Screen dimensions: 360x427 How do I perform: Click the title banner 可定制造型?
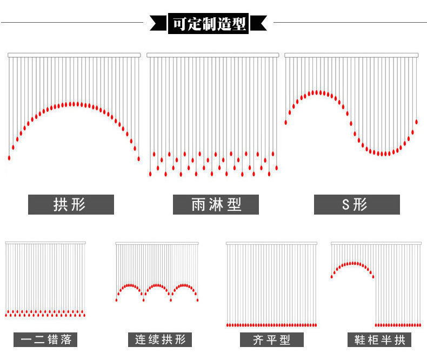click(x=209, y=23)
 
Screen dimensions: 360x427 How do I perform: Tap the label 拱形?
click(x=71, y=205)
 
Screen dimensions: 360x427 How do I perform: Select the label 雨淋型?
click(x=216, y=205)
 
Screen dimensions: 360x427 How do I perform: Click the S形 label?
click(x=357, y=205)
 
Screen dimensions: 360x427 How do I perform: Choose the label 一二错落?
click(x=45, y=340)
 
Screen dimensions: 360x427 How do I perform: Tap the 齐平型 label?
click(x=271, y=340)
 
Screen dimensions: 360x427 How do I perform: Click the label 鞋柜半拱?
click(x=379, y=340)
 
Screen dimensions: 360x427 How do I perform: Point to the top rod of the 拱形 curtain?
click(x=74, y=55)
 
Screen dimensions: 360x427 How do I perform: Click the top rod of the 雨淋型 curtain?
click(x=213, y=55)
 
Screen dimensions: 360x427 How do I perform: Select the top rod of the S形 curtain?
click(x=352, y=55)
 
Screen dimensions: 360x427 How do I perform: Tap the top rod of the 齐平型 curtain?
click(x=271, y=243)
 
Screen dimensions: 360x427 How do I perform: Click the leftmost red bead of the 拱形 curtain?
click(x=9, y=157)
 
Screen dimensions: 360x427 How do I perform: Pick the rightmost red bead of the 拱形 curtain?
click(x=138, y=158)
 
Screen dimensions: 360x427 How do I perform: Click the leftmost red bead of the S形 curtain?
click(x=286, y=122)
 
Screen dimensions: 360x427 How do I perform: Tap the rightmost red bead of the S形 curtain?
click(x=416, y=122)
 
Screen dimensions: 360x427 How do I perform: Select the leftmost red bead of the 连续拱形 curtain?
click(x=117, y=299)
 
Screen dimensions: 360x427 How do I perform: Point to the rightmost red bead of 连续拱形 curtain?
click(x=197, y=299)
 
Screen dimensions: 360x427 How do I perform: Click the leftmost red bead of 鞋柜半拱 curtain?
click(x=332, y=276)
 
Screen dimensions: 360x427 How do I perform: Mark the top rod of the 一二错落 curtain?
click(x=45, y=242)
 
